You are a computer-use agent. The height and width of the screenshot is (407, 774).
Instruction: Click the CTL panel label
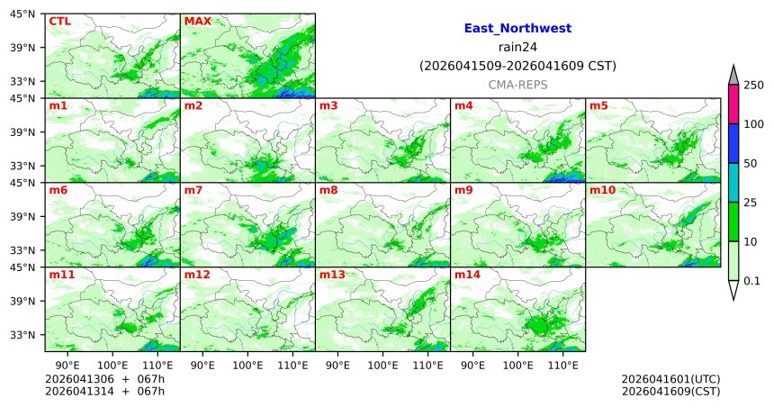click(x=60, y=21)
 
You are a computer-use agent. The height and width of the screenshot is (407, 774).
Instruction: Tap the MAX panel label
click(x=196, y=21)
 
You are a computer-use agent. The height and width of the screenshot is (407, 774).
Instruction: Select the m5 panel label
click(x=598, y=106)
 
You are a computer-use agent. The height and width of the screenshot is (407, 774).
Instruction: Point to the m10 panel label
click(x=602, y=191)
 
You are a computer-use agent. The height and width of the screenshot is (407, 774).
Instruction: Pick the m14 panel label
click(x=467, y=275)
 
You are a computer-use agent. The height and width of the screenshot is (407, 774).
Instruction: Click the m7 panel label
click(x=193, y=191)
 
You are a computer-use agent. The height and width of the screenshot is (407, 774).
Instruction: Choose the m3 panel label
click(x=328, y=106)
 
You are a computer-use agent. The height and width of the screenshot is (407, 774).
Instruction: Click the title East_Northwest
click(x=517, y=29)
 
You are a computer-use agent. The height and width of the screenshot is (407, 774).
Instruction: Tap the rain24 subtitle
click(x=517, y=47)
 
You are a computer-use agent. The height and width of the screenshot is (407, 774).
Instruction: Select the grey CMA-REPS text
click(x=517, y=84)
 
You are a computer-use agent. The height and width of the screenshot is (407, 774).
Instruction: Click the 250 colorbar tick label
click(x=753, y=85)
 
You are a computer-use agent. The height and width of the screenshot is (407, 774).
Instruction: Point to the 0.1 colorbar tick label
click(x=751, y=281)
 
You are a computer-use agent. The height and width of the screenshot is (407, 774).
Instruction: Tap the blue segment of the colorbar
click(x=733, y=143)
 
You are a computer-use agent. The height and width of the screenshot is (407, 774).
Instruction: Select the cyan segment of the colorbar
click(x=733, y=183)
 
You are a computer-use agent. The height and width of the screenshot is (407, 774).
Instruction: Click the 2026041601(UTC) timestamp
click(x=670, y=379)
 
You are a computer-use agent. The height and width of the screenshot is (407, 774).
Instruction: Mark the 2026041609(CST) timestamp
click(x=670, y=391)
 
